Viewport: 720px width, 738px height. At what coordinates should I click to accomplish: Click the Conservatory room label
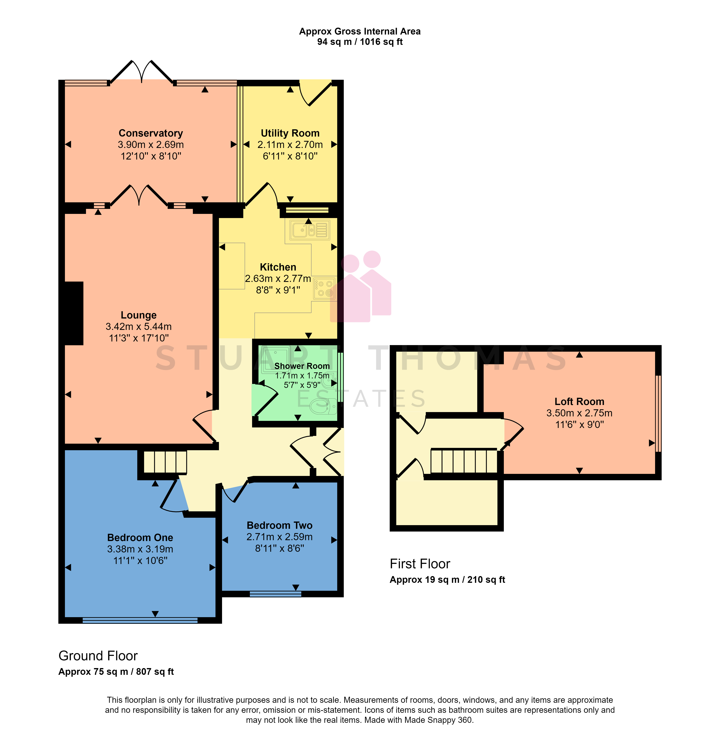tap(151, 133)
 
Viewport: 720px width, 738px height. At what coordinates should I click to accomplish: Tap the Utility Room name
tap(290, 133)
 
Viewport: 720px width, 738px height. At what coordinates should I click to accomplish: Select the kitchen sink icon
tap(309, 230)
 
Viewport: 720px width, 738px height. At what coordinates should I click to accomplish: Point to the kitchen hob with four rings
tap(324, 288)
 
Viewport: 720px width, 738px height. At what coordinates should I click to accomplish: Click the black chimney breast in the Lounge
tap(74, 313)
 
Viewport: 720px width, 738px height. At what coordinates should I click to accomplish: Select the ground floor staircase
tap(165, 462)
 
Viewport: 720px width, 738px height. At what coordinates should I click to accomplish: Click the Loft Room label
tap(579, 402)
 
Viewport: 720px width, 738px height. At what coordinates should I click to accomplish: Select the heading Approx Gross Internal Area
tap(360, 31)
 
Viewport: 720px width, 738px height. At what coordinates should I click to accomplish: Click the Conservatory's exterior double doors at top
tap(141, 72)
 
